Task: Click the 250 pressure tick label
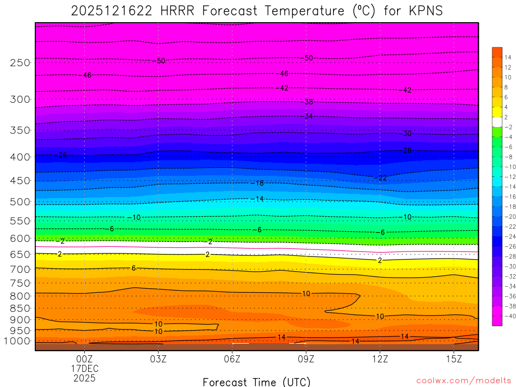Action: (x=20, y=62)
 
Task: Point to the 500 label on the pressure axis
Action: (x=20, y=202)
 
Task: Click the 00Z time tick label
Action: (x=84, y=359)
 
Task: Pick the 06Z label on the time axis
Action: (x=232, y=359)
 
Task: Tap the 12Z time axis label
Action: (x=380, y=359)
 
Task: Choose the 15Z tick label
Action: (x=454, y=359)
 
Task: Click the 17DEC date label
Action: (x=84, y=368)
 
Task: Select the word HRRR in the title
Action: (x=177, y=11)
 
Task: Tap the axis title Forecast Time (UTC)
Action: (x=256, y=381)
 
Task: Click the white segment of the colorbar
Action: (x=497, y=121)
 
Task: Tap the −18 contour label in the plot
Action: (x=257, y=183)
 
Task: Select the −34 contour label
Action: (x=307, y=116)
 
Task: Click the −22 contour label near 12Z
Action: (x=381, y=177)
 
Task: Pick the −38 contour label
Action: (x=307, y=102)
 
